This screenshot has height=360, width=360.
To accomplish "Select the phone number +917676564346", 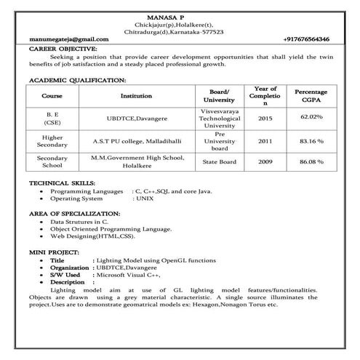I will [x=305, y=39].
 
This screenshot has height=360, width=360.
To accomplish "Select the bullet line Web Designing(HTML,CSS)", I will [x=92, y=236].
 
